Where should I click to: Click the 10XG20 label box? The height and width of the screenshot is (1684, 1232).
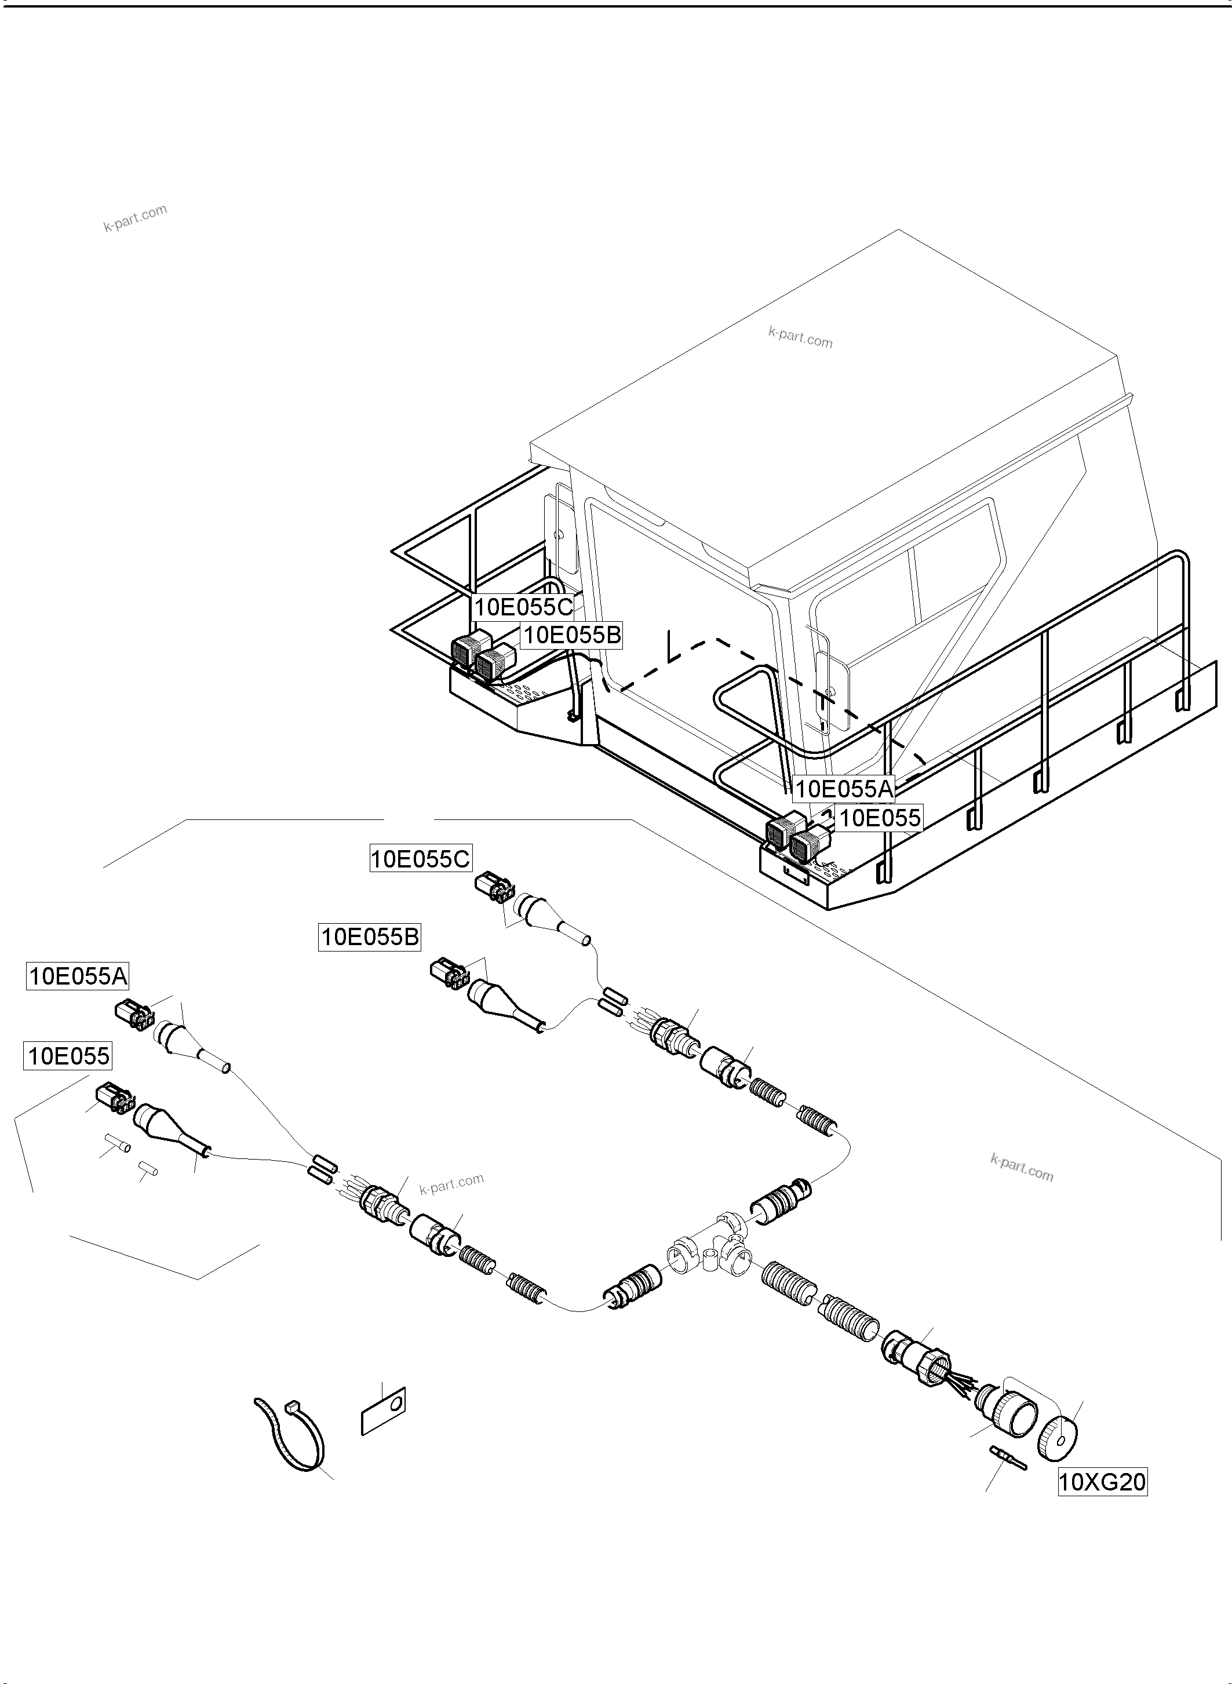(x=1102, y=1481)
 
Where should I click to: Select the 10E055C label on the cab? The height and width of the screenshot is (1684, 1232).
(x=523, y=607)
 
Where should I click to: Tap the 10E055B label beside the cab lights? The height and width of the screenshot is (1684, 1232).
(x=571, y=636)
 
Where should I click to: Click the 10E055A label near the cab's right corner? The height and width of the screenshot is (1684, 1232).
(x=844, y=788)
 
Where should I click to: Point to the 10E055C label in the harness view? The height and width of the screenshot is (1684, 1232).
(x=421, y=859)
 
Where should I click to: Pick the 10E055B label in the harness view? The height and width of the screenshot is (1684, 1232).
(x=370, y=936)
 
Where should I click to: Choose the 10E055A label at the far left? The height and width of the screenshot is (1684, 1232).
(x=78, y=976)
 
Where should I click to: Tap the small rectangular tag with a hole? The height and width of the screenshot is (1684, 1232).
(x=382, y=1410)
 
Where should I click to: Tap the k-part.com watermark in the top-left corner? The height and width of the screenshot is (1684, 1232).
(x=135, y=218)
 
